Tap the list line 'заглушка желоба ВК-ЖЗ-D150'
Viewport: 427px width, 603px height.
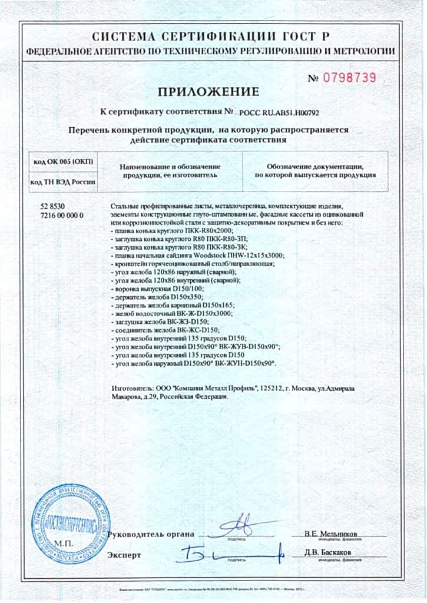[160, 322]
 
